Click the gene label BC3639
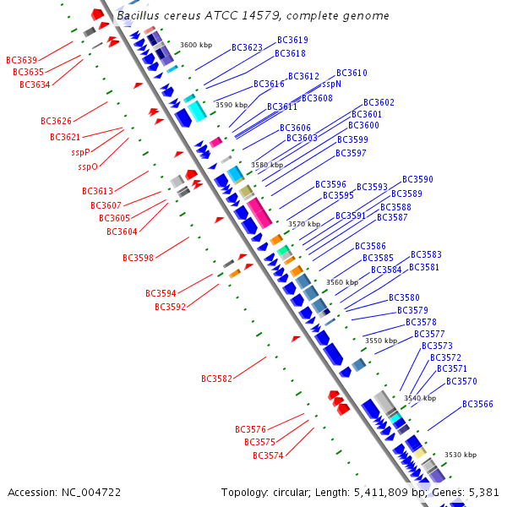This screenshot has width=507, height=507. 21,60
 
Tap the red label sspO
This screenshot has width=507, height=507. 88,166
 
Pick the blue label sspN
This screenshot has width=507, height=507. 331,84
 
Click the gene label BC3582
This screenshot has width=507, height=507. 216,379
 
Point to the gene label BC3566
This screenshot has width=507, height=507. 477,404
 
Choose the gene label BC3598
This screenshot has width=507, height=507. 138,258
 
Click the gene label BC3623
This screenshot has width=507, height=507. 247,48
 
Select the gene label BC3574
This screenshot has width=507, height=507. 268,455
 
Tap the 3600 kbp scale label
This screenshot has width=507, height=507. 196,45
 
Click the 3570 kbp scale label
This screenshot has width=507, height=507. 304,224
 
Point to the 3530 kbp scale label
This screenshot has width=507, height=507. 461,455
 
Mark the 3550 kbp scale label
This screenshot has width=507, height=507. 380,341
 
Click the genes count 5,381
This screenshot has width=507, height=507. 484,492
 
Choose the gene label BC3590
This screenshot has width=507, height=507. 417,179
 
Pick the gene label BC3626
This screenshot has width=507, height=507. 56,121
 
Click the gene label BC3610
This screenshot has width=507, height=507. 352,74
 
